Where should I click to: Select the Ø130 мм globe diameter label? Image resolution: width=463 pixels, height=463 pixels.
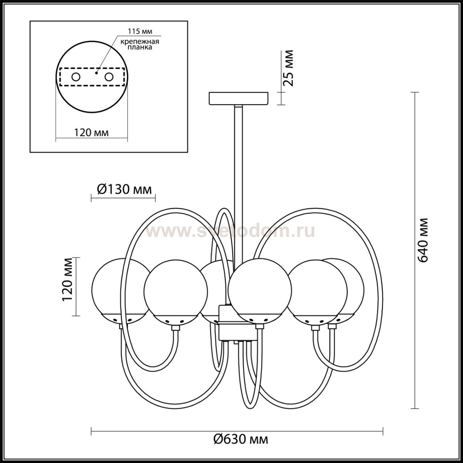(x=124, y=190)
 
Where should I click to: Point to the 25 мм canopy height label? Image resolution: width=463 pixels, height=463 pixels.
(x=288, y=68)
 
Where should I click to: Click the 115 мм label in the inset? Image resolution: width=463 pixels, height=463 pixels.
(x=140, y=31)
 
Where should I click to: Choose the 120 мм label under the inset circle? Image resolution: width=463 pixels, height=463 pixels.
(x=91, y=132)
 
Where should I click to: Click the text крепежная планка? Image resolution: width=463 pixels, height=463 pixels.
(x=140, y=44)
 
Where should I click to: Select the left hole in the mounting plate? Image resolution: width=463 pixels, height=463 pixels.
(x=76, y=77)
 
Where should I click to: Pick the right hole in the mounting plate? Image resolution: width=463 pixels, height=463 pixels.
(x=109, y=77)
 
